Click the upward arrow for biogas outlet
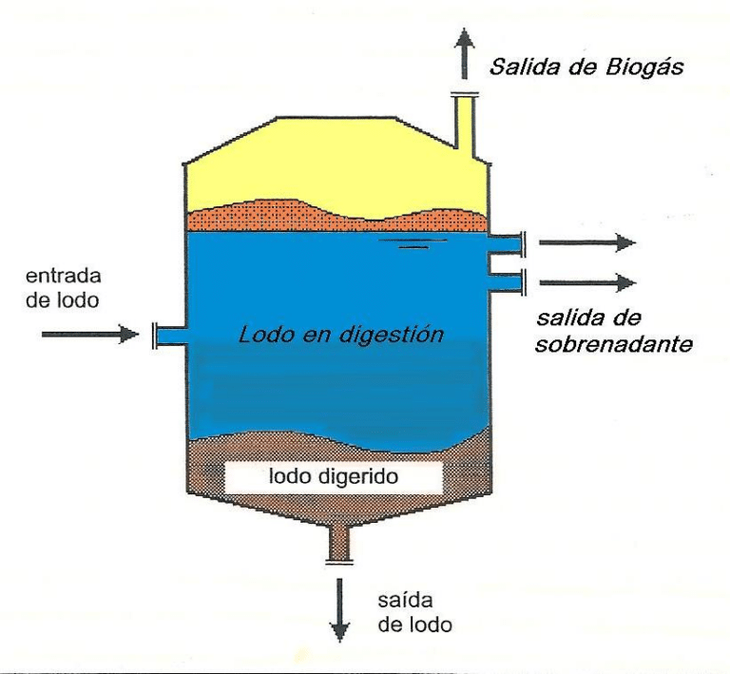(x=465, y=53)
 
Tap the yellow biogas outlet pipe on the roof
(x=466, y=123)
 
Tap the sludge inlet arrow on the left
(x=85, y=334)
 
